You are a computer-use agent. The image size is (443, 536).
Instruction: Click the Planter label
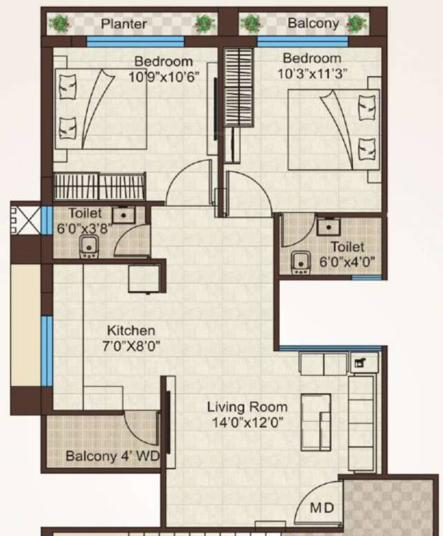tap(124, 24)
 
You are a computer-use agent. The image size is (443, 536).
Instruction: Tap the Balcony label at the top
tap(313, 23)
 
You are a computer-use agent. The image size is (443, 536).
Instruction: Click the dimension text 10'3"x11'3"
tap(312, 73)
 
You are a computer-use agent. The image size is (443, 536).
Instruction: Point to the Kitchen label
tap(130, 330)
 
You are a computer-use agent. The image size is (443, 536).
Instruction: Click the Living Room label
tap(247, 406)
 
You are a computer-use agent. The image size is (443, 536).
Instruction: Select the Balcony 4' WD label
tap(112, 457)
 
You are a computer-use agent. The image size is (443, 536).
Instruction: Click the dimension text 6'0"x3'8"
tap(86, 228)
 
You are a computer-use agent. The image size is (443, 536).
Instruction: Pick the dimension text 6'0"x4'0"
tap(347, 262)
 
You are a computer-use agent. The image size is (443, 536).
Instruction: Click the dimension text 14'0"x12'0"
tap(247, 422)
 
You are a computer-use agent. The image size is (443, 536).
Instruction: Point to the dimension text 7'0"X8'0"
tap(130, 345)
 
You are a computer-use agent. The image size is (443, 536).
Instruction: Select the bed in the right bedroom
tap(333, 129)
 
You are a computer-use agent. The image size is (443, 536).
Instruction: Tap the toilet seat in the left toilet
tap(88, 247)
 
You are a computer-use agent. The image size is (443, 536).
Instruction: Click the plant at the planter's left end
tap(61, 23)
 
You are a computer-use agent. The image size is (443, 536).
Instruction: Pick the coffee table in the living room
tap(315, 421)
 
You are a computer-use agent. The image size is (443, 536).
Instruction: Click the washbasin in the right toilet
tap(327, 226)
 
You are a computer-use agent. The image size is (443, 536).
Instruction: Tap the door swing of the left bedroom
tap(187, 183)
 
